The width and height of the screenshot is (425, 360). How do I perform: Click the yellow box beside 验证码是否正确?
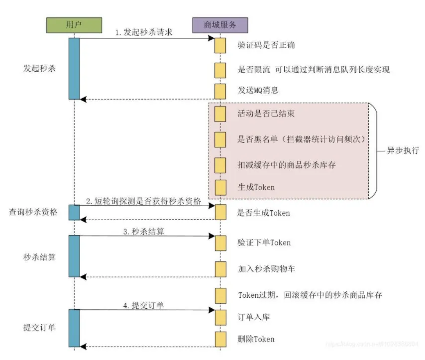(x=220, y=45)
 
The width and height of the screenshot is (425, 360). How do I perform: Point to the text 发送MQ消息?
(x=258, y=91)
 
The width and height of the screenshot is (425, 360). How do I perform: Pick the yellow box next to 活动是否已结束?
(x=220, y=114)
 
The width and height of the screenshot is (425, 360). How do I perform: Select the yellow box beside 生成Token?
(x=220, y=187)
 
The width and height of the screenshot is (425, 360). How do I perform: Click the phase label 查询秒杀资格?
(x=33, y=212)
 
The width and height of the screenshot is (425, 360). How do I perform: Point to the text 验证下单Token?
(x=264, y=242)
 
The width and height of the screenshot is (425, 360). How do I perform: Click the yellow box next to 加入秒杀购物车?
(x=220, y=269)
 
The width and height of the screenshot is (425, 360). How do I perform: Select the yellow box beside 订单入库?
(x=220, y=316)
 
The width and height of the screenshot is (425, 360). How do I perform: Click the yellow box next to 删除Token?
(x=220, y=339)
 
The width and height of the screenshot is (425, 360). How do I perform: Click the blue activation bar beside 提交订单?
(x=74, y=327)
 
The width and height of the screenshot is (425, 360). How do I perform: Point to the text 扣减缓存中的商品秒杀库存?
(x=287, y=164)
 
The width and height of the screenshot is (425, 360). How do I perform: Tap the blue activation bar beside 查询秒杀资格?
(x=74, y=212)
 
